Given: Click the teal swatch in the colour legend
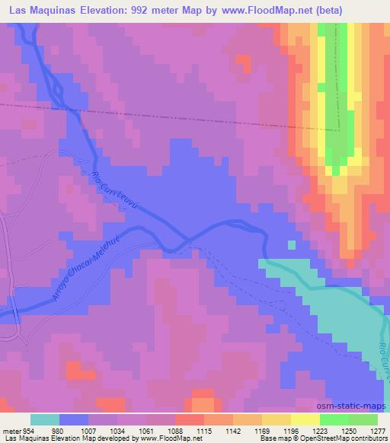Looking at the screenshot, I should point(45,419).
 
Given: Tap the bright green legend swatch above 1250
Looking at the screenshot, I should point(334,419).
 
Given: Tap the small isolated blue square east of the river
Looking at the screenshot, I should point(290,244).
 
